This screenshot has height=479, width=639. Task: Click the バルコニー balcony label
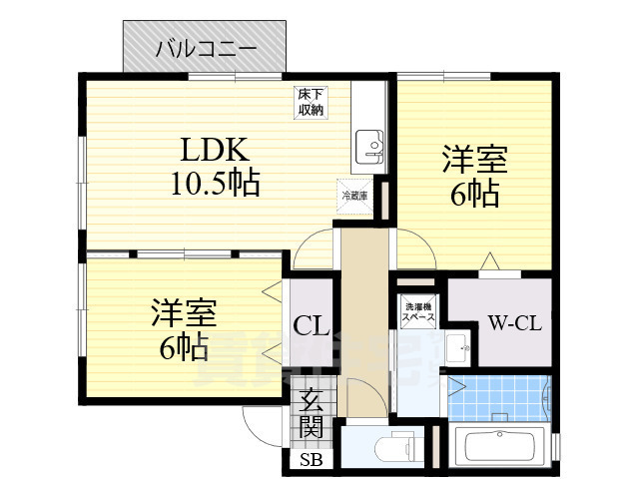[207, 48]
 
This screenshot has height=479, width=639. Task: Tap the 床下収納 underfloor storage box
[310, 103]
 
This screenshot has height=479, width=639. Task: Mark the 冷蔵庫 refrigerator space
[355, 196]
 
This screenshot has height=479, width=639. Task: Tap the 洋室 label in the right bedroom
[474, 161]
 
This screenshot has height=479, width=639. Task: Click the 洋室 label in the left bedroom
[183, 312]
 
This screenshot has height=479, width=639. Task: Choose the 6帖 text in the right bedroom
[474, 195]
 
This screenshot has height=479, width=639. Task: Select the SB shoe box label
[311, 461]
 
